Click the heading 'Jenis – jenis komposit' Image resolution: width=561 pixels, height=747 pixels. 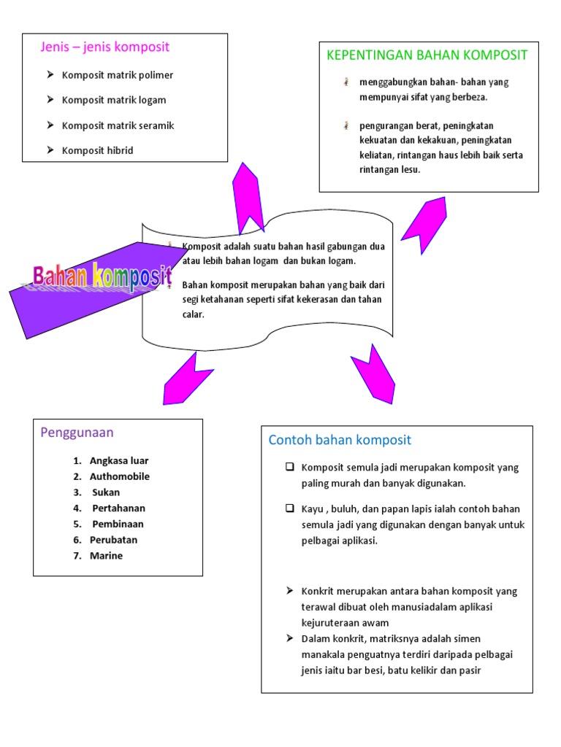pyautogui.click(x=104, y=47)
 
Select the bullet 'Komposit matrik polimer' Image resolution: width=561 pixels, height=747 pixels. pyautogui.click(x=118, y=75)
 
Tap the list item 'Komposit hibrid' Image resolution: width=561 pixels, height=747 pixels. pyautogui.click(x=97, y=150)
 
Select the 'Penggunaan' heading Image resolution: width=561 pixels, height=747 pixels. pyautogui.click(x=77, y=433)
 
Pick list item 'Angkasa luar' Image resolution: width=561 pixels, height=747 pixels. pyautogui.click(x=119, y=461)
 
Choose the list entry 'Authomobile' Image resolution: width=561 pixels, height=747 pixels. pyautogui.click(x=120, y=476)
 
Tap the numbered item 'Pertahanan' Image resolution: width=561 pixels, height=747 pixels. pyautogui.click(x=119, y=508)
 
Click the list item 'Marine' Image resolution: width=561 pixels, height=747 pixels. pyautogui.click(x=106, y=556)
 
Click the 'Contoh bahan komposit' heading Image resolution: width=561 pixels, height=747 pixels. pyautogui.click(x=340, y=440)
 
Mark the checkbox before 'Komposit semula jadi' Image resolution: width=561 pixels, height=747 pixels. pyautogui.click(x=289, y=467)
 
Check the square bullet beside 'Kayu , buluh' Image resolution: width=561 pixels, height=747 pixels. pyautogui.click(x=289, y=508)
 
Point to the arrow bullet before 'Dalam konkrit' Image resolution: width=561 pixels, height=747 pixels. pyautogui.click(x=289, y=638)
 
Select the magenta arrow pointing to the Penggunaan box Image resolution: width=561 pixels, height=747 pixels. pyautogui.click(x=184, y=379)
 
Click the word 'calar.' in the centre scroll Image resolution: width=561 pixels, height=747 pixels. pyautogui.click(x=194, y=314)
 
